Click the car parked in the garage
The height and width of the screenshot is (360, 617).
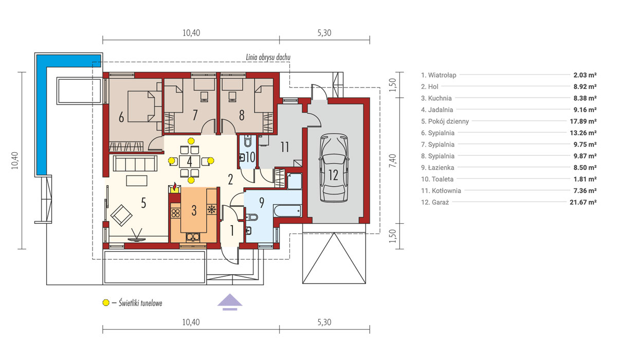click(334, 168)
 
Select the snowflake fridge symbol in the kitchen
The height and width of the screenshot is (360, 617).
click(211, 209)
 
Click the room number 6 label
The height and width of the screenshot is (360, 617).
click(121, 117)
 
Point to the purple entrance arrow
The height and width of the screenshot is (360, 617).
click(230, 301)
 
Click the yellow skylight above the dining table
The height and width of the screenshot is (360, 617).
click(191, 141)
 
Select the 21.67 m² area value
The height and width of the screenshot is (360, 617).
click(583, 202)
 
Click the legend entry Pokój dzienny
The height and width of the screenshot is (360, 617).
click(445, 121)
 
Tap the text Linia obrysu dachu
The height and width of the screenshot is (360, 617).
click(268, 57)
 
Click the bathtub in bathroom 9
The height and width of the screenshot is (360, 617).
click(287, 210)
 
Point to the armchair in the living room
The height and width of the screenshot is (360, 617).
click(121, 214)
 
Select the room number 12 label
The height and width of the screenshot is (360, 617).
click(333, 175)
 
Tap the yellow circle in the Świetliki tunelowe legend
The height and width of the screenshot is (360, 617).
click(106, 303)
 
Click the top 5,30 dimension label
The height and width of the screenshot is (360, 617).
click(324, 33)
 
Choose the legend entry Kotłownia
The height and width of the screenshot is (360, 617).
click(441, 191)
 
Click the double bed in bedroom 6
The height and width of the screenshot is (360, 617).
click(141, 106)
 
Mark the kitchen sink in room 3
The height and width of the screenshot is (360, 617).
click(193, 237)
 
